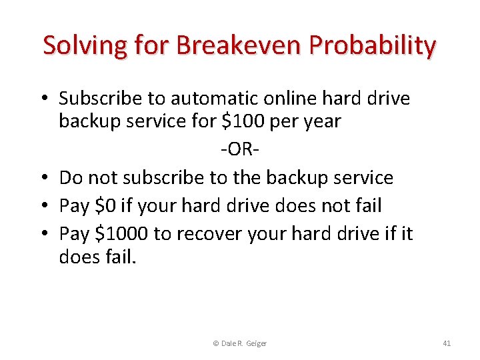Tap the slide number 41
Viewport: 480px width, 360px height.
click(447, 343)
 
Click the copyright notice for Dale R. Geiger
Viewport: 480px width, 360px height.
click(239, 343)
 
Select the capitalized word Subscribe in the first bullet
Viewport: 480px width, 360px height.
click(101, 99)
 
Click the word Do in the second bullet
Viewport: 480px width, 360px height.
click(71, 177)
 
